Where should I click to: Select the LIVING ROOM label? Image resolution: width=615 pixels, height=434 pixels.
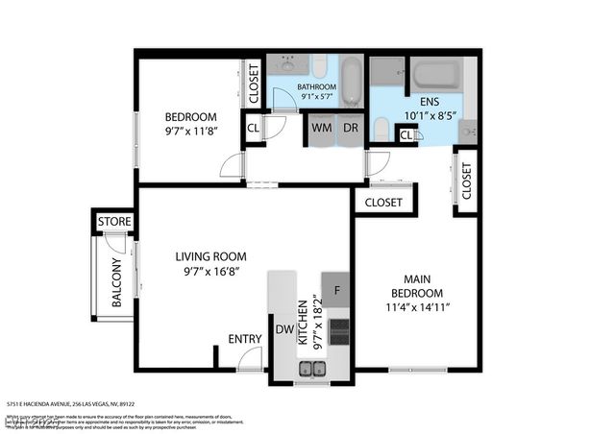point(210,256)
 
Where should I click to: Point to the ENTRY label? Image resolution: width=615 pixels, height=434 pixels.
point(244,338)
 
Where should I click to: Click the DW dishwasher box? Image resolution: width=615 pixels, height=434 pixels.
point(284,329)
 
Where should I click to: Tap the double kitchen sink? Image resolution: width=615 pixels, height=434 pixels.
point(311,367)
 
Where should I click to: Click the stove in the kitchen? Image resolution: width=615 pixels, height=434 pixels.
point(338,331)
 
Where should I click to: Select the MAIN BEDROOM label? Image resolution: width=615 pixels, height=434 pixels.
point(416,285)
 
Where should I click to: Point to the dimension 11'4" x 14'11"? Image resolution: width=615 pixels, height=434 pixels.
point(416,307)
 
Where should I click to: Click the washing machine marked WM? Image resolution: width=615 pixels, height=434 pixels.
point(322,127)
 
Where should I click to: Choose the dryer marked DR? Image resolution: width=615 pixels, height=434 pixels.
point(351,127)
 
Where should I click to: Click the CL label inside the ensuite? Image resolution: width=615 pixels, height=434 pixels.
point(406,135)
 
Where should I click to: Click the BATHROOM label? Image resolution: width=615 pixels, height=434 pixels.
point(316,84)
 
